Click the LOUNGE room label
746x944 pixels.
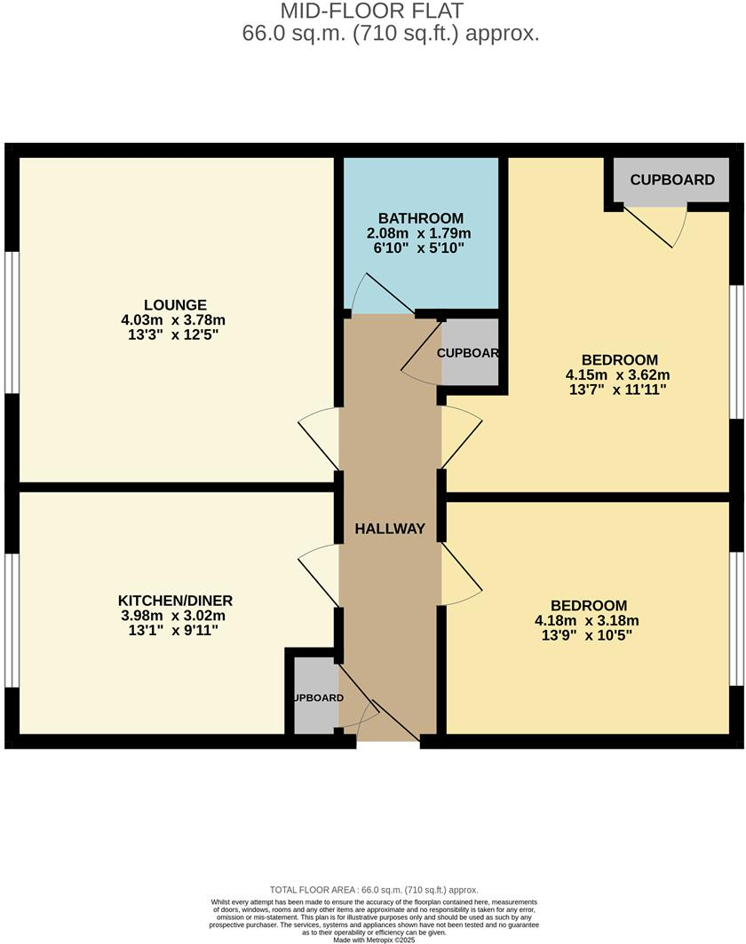(x=178, y=304)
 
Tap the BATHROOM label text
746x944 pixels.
(x=421, y=218)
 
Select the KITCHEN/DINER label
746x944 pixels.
(x=178, y=601)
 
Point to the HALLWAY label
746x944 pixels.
(x=390, y=529)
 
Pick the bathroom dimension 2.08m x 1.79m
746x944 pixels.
(x=421, y=233)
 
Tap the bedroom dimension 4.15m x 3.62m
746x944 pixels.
(x=612, y=374)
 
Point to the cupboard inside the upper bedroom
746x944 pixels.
(x=672, y=180)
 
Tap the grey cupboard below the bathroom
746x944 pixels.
(x=469, y=353)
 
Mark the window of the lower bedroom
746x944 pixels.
(x=735, y=618)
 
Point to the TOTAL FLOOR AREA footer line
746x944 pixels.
(x=374, y=890)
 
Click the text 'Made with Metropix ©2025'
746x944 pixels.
(x=374, y=940)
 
